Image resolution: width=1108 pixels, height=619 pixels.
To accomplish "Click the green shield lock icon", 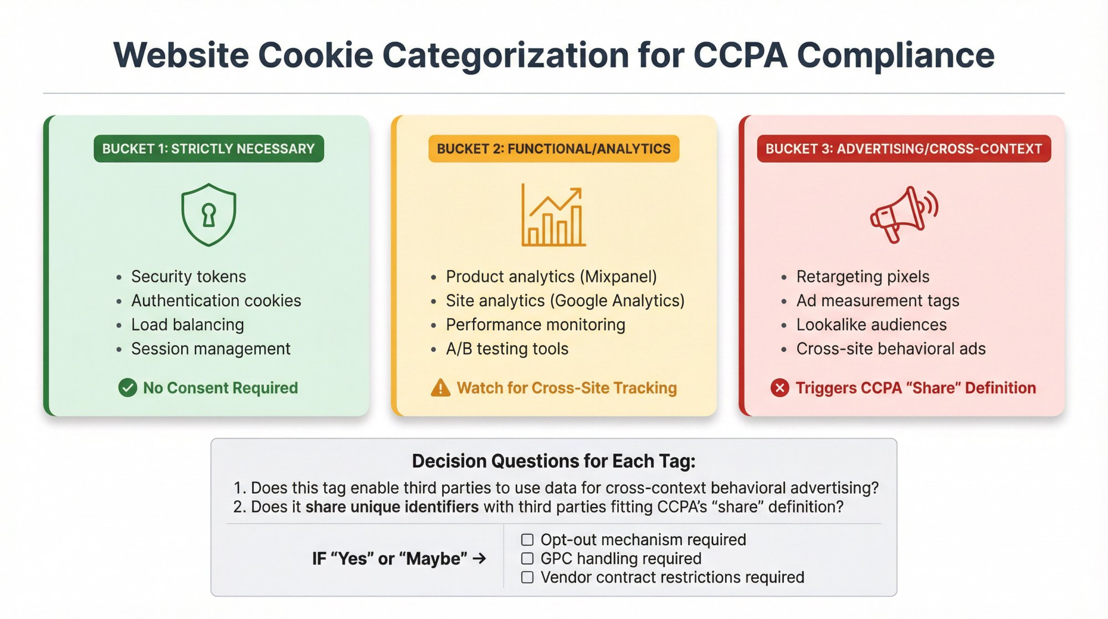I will tap(209, 215).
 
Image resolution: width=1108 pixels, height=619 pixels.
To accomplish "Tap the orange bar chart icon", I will tap(553, 216).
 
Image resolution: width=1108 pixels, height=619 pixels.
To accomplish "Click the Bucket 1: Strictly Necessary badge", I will tap(208, 149).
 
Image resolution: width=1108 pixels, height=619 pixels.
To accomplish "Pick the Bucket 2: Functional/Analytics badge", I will tap(553, 149).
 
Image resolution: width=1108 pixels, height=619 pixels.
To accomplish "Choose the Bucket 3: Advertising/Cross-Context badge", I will tap(904, 149).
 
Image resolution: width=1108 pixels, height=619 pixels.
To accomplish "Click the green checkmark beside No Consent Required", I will tap(127, 388).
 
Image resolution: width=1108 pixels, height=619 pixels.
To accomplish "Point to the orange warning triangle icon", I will tap(440, 388).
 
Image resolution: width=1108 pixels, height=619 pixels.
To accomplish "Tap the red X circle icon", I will tap(779, 388).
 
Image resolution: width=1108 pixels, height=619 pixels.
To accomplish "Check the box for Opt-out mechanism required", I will tap(527, 540).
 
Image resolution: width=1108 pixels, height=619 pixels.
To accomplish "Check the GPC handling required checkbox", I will tap(527, 559).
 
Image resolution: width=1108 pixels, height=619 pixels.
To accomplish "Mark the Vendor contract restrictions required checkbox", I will tap(527, 577).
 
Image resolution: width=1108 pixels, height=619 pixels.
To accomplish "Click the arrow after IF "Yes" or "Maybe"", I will tap(479, 558).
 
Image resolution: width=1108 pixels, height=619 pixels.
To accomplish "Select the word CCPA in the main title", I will tap(740, 55).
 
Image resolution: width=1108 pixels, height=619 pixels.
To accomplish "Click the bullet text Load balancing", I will tap(187, 324).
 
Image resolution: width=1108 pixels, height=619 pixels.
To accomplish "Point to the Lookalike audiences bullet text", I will tap(871, 324).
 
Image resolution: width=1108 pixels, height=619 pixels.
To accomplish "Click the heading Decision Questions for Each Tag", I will tap(553, 461).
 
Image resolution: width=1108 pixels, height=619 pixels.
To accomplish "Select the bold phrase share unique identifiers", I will tap(392, 507).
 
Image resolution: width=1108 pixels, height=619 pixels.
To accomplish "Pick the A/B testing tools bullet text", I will tap(507, 349).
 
